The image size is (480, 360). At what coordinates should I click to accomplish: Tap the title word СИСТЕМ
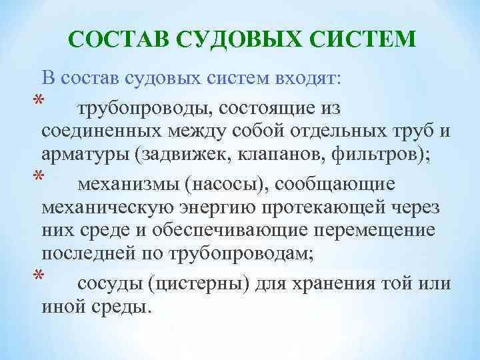(x=363, y=39)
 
